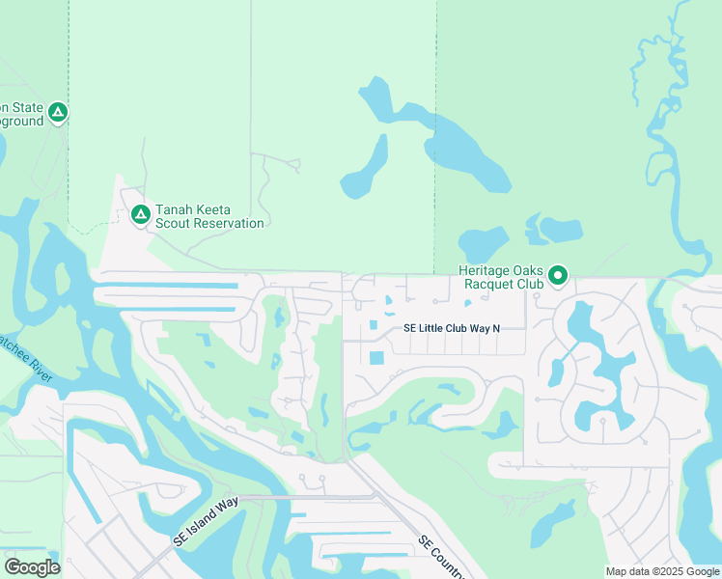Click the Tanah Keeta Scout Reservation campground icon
[x=140, y=213]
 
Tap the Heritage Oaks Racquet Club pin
[x=558, y=276]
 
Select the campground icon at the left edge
[x=58, y=113]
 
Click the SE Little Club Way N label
[x=452, y=328]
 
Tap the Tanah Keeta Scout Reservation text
[x=209, y=216]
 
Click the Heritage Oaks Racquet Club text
[x=500, y=278]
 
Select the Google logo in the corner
[x=32, y=567]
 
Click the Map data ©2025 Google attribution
[x=663, y=571]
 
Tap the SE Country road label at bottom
[x=442, y=558]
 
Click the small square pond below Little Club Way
[x=375, y=358]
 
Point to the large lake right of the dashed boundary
[x=467, y=150]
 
